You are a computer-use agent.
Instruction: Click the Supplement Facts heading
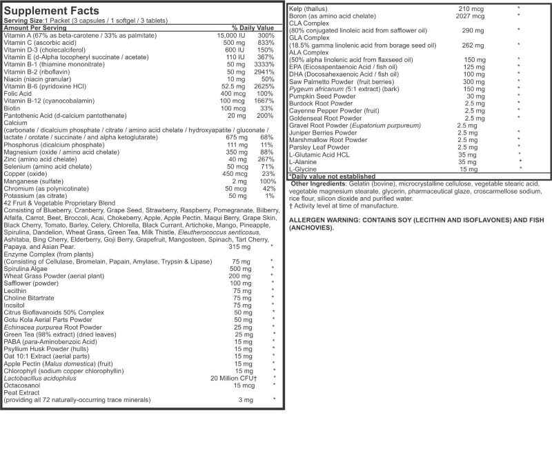[52, 11]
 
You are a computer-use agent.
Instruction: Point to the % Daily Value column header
[253, 28]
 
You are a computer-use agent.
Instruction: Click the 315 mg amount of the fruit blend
[239, 246]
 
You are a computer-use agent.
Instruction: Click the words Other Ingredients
[319, 184]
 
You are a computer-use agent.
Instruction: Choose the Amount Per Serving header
[34, 28]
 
